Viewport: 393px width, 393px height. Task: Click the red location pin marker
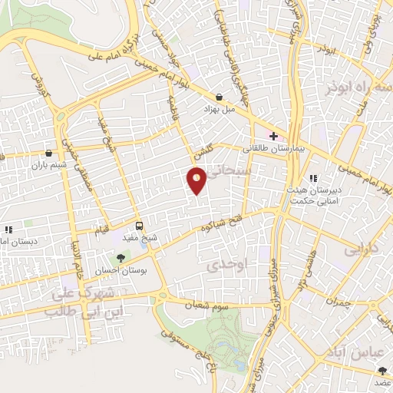pos(197,180)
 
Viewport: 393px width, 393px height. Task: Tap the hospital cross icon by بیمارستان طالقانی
pos(273,136)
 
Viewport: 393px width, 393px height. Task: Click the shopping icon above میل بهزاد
pos(220,97)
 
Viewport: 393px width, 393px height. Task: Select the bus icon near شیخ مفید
pos(139,226)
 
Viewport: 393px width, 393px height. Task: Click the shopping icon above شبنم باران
pos(49,153)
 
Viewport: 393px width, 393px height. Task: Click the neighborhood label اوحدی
pos(223,265)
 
